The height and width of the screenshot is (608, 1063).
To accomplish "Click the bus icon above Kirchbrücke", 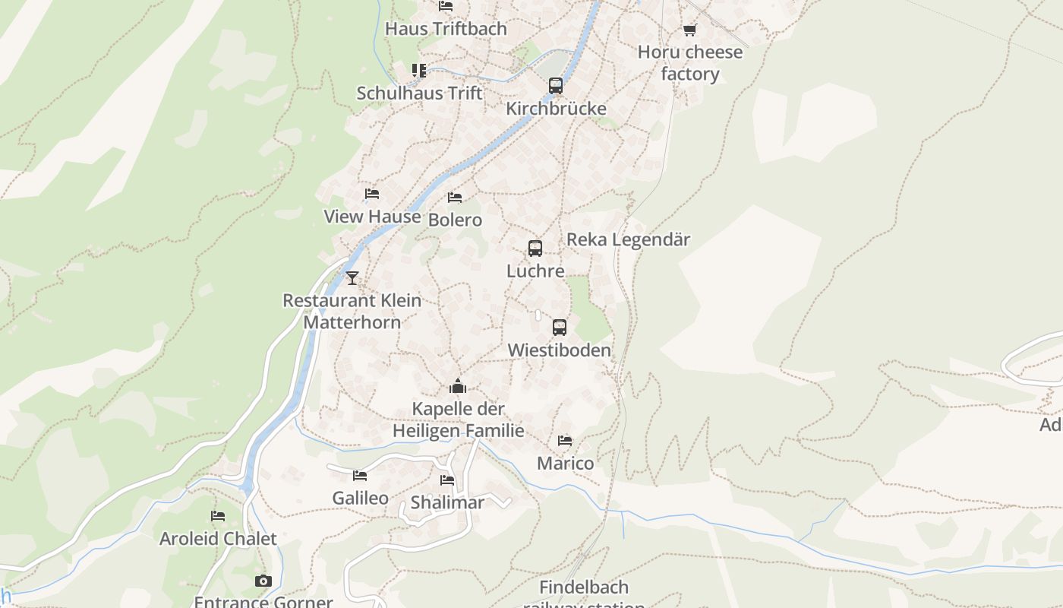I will (556, 86).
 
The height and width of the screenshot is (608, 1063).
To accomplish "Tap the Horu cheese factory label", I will (689, 63).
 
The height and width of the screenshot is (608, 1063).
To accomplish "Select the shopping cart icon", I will (689, 30).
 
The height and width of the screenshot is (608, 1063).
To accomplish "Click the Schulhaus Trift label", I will (419, 93).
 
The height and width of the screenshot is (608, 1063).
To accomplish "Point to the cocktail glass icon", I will (352, 278).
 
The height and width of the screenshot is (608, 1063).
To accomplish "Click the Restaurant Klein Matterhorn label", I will (352, 311).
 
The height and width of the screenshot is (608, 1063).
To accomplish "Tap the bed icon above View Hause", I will (371, 194).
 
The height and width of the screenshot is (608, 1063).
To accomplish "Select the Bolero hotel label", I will (455, 220).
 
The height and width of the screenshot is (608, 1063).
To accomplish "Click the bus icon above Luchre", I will (535, 249).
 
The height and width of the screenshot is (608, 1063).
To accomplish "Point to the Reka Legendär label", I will (628, 239).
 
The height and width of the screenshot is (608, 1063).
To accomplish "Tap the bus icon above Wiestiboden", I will (560, 328).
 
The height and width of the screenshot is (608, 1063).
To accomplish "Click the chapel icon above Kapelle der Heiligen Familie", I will (457, 387).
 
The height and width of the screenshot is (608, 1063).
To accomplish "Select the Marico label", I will (565, 463).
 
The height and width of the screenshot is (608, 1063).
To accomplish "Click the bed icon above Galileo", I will (360, 476).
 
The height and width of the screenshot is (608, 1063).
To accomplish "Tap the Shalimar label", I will (447, 502).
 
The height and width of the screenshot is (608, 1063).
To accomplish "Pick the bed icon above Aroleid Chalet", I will (218, 516).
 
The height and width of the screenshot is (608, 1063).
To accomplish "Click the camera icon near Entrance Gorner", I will (263, 581).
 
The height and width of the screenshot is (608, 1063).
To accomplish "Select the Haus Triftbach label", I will (446, 29).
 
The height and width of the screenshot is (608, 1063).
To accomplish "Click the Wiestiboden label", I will (559, 350).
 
